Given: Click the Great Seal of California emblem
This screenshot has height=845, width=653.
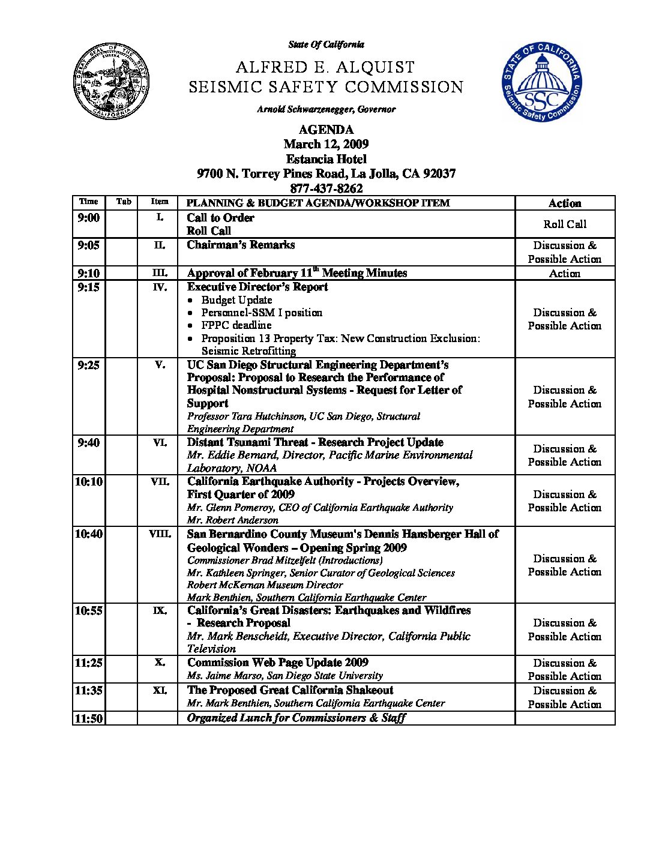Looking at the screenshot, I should point(111,81).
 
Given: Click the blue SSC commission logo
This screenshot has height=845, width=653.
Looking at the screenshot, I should point(542,82).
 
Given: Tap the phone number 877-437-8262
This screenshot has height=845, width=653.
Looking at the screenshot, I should point(326,188).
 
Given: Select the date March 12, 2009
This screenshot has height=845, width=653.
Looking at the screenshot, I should point(326,144).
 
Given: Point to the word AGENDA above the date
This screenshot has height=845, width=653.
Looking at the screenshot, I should point(326,130).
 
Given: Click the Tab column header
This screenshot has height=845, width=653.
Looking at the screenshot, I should point(123,202).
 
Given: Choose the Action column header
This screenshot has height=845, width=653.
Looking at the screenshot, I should point(565,203).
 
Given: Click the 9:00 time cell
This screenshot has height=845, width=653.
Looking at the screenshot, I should point(88,218).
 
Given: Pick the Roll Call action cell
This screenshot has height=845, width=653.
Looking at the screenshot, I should point(565,224).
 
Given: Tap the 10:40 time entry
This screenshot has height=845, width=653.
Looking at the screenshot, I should point(88,534).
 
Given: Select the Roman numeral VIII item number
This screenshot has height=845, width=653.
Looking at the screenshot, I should point(160,534).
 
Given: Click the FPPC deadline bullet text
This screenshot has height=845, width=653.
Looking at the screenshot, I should point(236,325).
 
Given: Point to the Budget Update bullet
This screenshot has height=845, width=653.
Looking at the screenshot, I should point(236,300).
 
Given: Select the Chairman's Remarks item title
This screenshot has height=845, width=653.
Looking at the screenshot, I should point(241,245).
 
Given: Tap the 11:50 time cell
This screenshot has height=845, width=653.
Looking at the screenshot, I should point(88,718).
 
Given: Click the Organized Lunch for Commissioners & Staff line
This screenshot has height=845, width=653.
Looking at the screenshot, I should point(296,718).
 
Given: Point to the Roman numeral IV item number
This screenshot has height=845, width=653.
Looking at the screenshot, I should point(160,287).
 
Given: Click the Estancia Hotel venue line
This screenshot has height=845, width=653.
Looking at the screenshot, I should point(326,159).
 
